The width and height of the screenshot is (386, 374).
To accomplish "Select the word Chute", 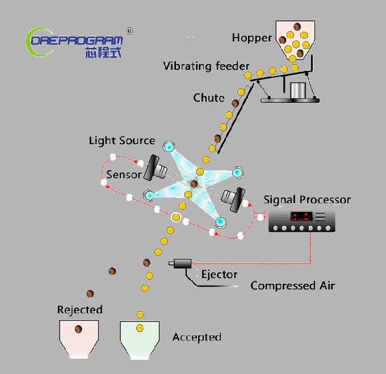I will point(209,98).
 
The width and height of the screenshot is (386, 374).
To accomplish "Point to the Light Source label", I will point(122,141).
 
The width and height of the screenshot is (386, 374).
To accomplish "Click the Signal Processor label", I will point(307,200).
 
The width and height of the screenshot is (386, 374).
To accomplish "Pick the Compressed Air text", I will point(292,285).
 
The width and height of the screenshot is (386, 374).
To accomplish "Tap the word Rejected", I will point(80,310).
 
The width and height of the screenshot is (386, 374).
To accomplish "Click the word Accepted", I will point(197,337).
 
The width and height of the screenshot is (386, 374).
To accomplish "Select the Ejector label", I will point(219,275).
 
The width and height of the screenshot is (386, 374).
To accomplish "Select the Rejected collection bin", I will point(79,338).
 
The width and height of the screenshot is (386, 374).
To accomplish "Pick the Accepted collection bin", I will point(140,339).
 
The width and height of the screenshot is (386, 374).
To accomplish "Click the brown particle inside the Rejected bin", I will point(78,330).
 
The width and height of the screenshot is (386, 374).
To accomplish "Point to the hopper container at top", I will point(295,40).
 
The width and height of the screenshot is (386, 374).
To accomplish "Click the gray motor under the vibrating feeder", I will point(296,90).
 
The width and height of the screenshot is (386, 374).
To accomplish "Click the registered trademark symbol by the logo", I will point(129,31).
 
